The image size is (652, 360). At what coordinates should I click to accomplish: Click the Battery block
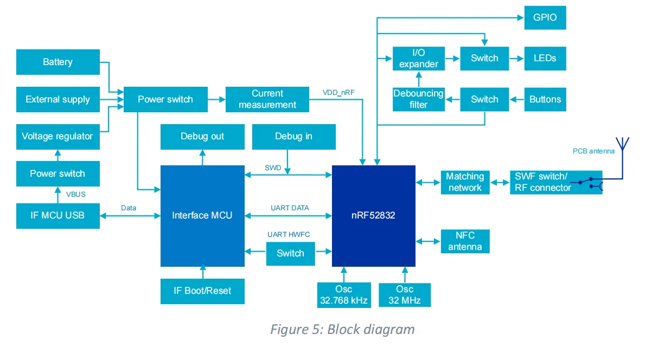tap(58, 62)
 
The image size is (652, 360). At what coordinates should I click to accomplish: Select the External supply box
tap(58, 100)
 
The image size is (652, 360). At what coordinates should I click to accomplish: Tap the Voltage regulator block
tap(58, 137)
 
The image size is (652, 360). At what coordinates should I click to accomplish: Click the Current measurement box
tap(267, 99)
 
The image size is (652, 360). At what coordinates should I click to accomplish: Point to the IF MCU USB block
tap(58, 215)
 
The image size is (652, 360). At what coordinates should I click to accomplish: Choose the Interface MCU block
tap(202, 216)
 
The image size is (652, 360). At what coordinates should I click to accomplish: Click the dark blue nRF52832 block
tap(373, 216)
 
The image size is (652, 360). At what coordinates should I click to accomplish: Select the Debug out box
tap(202, 137)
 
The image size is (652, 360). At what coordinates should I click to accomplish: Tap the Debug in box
tap(293, 137)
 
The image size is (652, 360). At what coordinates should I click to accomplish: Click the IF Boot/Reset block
tap(202, 291)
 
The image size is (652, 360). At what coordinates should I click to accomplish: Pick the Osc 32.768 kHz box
tap(344, 295)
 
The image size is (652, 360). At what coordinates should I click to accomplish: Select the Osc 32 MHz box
tap(405, 295)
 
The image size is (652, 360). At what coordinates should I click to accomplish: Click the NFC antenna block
tap(465, 241)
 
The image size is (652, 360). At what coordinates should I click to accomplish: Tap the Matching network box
tap(465, 182)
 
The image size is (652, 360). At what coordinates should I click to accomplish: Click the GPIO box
tap(545, 17)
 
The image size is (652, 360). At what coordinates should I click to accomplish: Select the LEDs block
tap(545, 58)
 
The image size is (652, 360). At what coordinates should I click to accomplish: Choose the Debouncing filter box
tap(418, 99)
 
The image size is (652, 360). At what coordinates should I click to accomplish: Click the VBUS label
tap(76, 194)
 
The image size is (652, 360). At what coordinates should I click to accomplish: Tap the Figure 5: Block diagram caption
tap(342, 330)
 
